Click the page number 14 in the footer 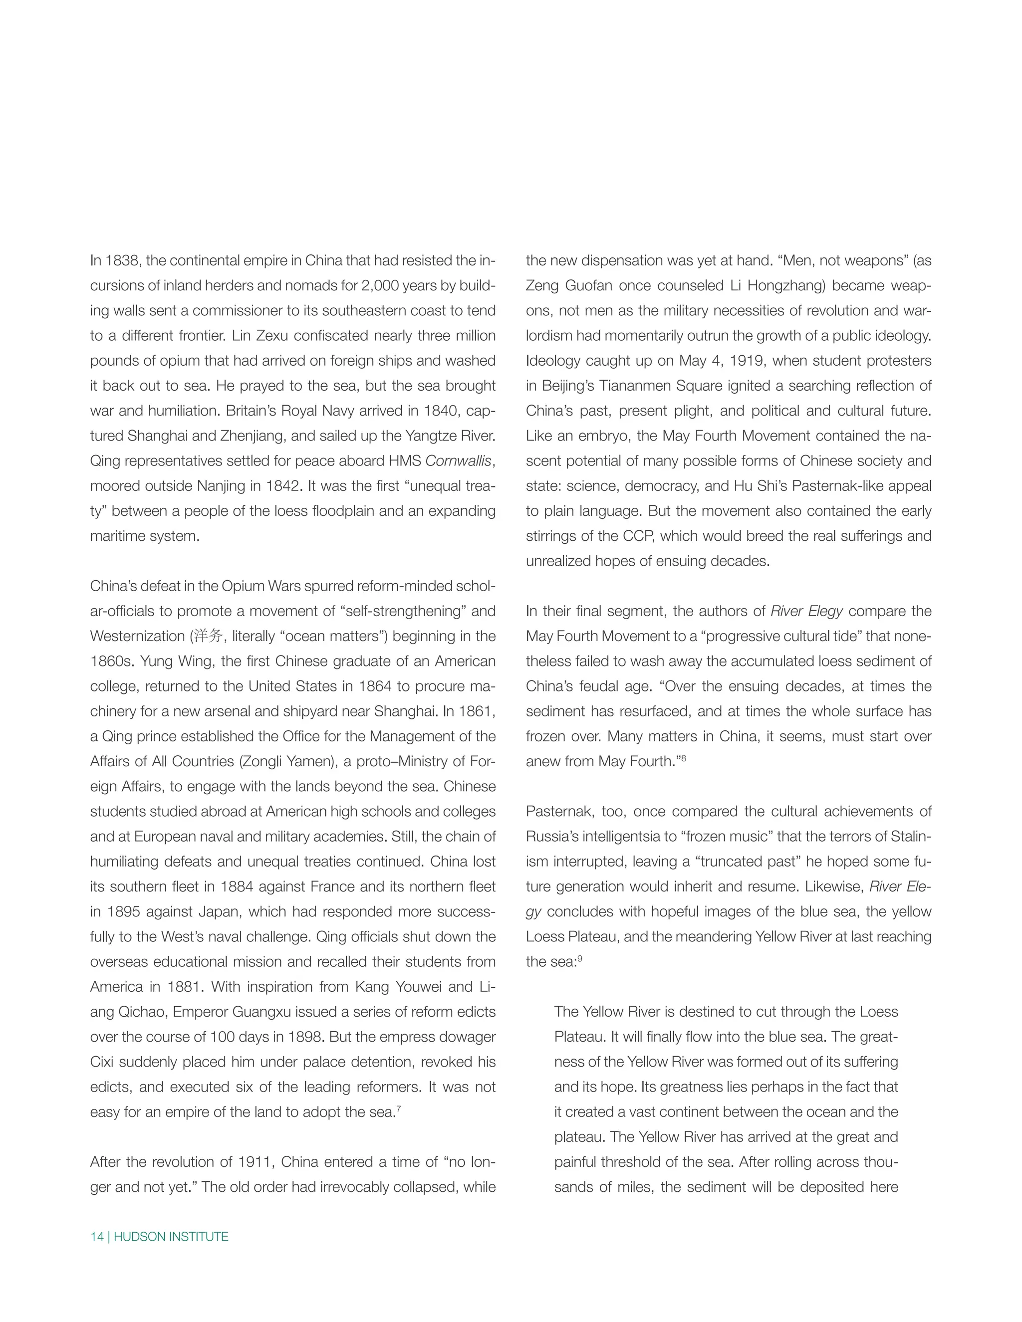97,1237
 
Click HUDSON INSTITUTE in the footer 171,1237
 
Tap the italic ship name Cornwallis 458,461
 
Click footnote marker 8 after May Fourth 684,758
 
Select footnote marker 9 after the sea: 580,958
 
